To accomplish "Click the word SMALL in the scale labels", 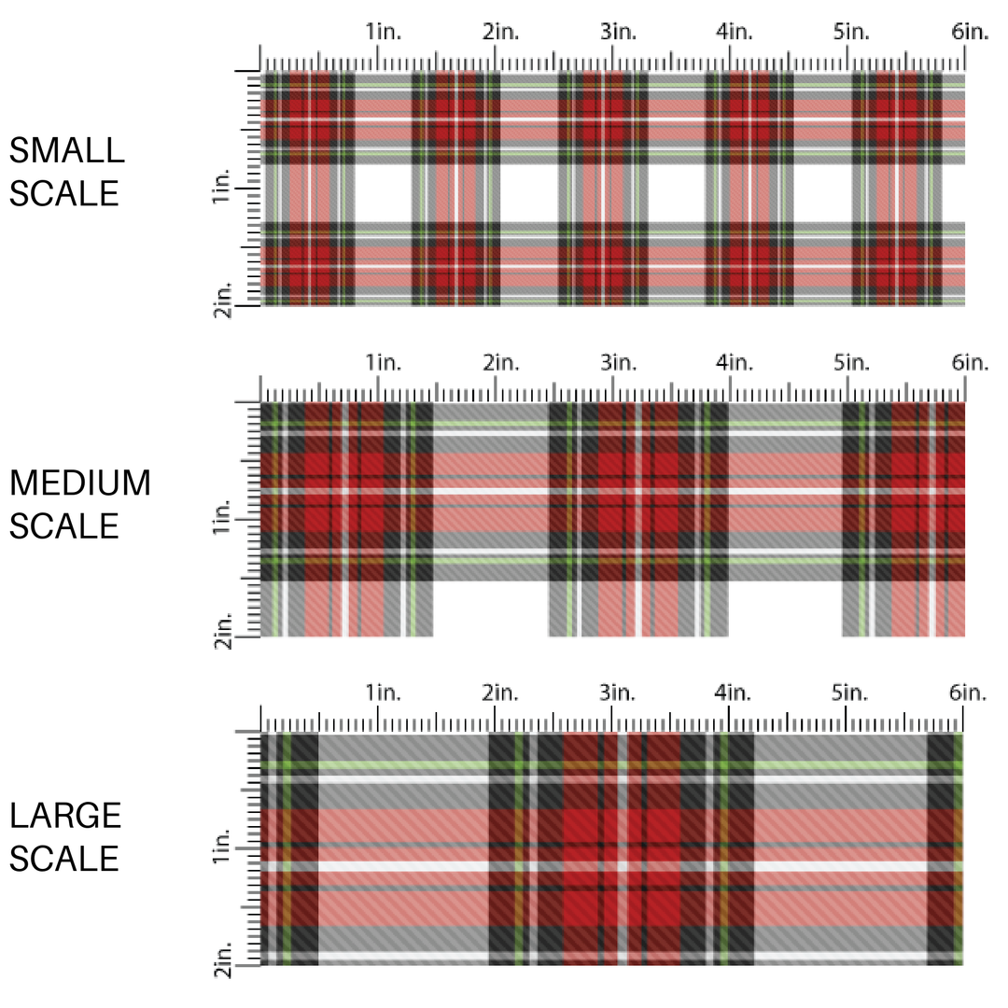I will pos(66,151).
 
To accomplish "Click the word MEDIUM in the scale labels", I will pos(80,483).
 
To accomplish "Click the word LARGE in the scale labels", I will pos(65,816).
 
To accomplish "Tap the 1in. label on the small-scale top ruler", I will pos(383,33).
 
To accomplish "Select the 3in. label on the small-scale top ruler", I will pos(617,33).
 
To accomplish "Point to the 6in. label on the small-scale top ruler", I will pos(970,33).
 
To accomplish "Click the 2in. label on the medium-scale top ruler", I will pos(500,363).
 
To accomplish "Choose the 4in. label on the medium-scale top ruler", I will pos(735,363).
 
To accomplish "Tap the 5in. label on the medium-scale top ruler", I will pos(852,363).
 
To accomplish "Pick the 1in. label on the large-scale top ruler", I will pos(383,693).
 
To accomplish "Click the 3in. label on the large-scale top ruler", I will pos(617,693).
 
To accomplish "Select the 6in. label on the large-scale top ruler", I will pos(970,693).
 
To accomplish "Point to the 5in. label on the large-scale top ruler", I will pos(852,693).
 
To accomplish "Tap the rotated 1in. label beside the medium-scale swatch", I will pos(222,518).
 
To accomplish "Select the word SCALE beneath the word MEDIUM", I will pos(65,526).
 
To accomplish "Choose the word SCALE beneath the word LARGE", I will pos(65,859).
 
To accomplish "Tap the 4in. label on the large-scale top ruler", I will pos(735,693).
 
